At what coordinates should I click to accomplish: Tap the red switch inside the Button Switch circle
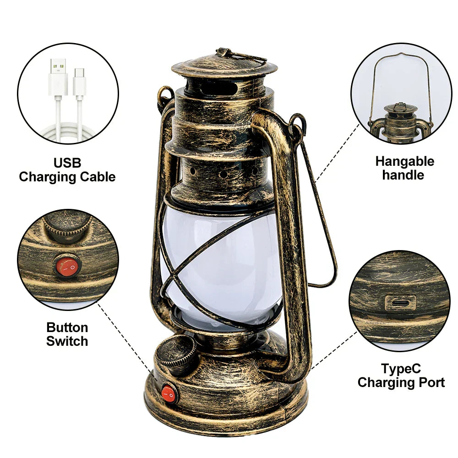coord(67,267)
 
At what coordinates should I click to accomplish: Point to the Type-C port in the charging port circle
coord(400,302)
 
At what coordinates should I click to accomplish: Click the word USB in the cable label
coord(67,163)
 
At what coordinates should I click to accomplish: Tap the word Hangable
coord(404,161)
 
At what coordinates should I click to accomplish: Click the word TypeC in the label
coord(401,369)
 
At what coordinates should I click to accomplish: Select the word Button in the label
coord(67,327)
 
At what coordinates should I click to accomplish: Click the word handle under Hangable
coord(403,175)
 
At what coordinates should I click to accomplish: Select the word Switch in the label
coord(67,341)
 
